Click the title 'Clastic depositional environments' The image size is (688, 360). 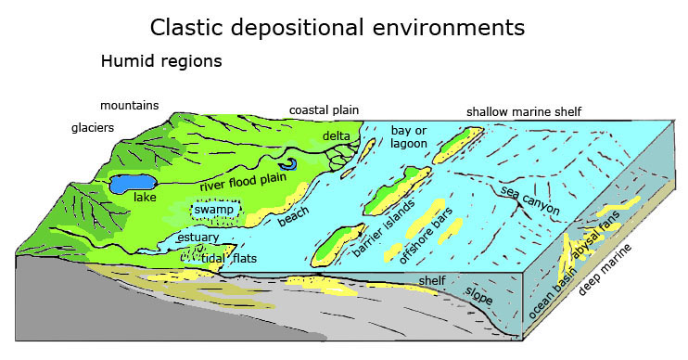coord(338,27)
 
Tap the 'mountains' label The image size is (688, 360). coord(130,105)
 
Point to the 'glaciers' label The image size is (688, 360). coord(93,128)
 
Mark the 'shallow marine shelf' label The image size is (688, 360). coord(524,111)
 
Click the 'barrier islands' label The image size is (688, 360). coord(381,228)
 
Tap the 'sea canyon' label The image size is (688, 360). coord(529,200)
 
